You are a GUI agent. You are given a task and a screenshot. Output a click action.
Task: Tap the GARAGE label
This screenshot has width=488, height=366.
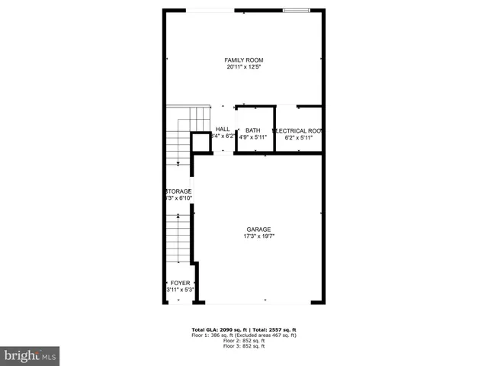[x=258, y=230]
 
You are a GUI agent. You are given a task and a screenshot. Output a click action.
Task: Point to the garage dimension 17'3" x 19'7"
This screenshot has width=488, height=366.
[x=258, y=236]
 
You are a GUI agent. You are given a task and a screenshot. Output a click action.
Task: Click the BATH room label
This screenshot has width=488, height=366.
[x=252, y=130]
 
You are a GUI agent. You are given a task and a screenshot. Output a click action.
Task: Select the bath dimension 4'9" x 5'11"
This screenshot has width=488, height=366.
[x=252, y=137]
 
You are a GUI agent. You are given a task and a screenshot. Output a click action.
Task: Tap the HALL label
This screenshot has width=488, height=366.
[x=223, y=130]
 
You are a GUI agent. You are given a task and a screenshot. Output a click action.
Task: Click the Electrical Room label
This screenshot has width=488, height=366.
[x=298, y=130]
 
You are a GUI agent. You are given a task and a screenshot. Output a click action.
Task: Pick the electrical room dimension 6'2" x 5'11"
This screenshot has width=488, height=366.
[x=298, y=137]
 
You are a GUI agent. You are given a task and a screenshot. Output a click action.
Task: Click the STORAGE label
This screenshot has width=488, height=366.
[x=178, y=191]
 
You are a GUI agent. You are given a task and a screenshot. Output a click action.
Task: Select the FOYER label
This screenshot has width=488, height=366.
[x=180, y=283]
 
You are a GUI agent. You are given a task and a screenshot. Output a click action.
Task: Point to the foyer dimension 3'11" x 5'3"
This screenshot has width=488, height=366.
[x=180, y=290]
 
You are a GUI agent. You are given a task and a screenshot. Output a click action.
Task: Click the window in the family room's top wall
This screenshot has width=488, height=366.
[x=296, y=11]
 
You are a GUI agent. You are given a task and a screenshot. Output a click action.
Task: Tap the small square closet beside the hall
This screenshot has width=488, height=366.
[x=201, y=143]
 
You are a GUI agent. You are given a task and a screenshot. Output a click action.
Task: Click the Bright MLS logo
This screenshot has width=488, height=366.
[x=30, y=355]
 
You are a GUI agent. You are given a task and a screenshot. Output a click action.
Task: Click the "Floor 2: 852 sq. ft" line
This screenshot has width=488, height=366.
[x=244, y=341]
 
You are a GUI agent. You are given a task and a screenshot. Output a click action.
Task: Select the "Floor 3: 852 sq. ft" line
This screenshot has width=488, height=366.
[x=244, y=346]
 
